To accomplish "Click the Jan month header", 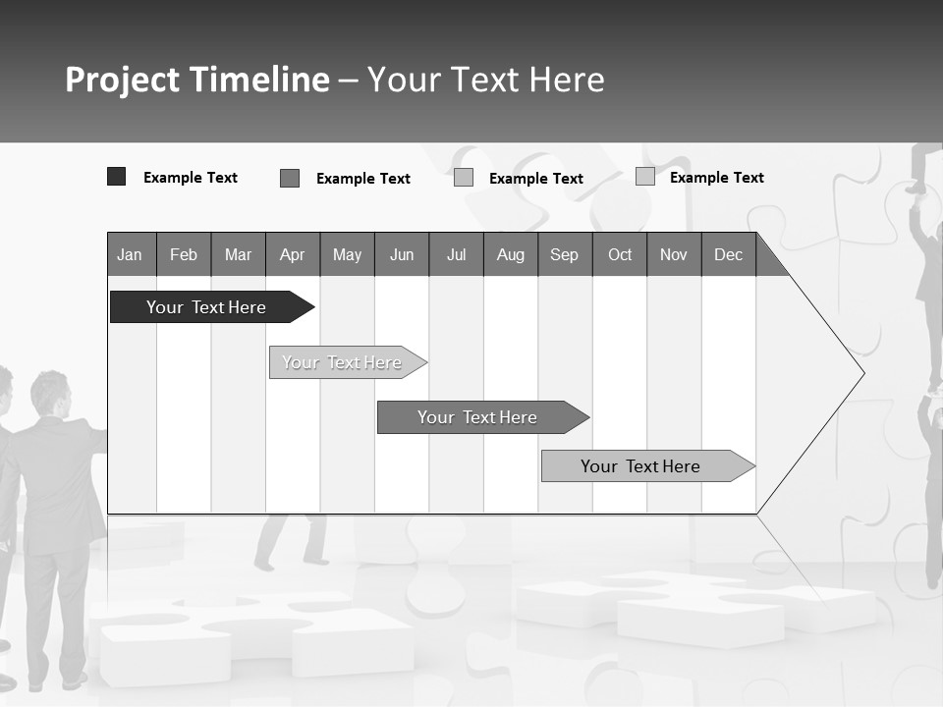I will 131,254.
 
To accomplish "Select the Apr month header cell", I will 292,254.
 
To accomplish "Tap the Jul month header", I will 456,254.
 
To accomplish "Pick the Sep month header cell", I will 564,254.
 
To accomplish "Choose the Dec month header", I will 728,254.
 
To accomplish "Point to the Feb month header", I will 184,254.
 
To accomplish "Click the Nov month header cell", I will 674,254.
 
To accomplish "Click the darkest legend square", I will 116,177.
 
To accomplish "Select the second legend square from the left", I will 290,178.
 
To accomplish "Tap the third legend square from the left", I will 464,178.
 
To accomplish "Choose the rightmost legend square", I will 645,177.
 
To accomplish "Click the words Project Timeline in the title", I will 196,80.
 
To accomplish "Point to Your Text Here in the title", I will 486,80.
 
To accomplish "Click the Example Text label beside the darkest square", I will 191,178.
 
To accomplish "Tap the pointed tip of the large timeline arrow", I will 861,373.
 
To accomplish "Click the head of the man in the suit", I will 49,393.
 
